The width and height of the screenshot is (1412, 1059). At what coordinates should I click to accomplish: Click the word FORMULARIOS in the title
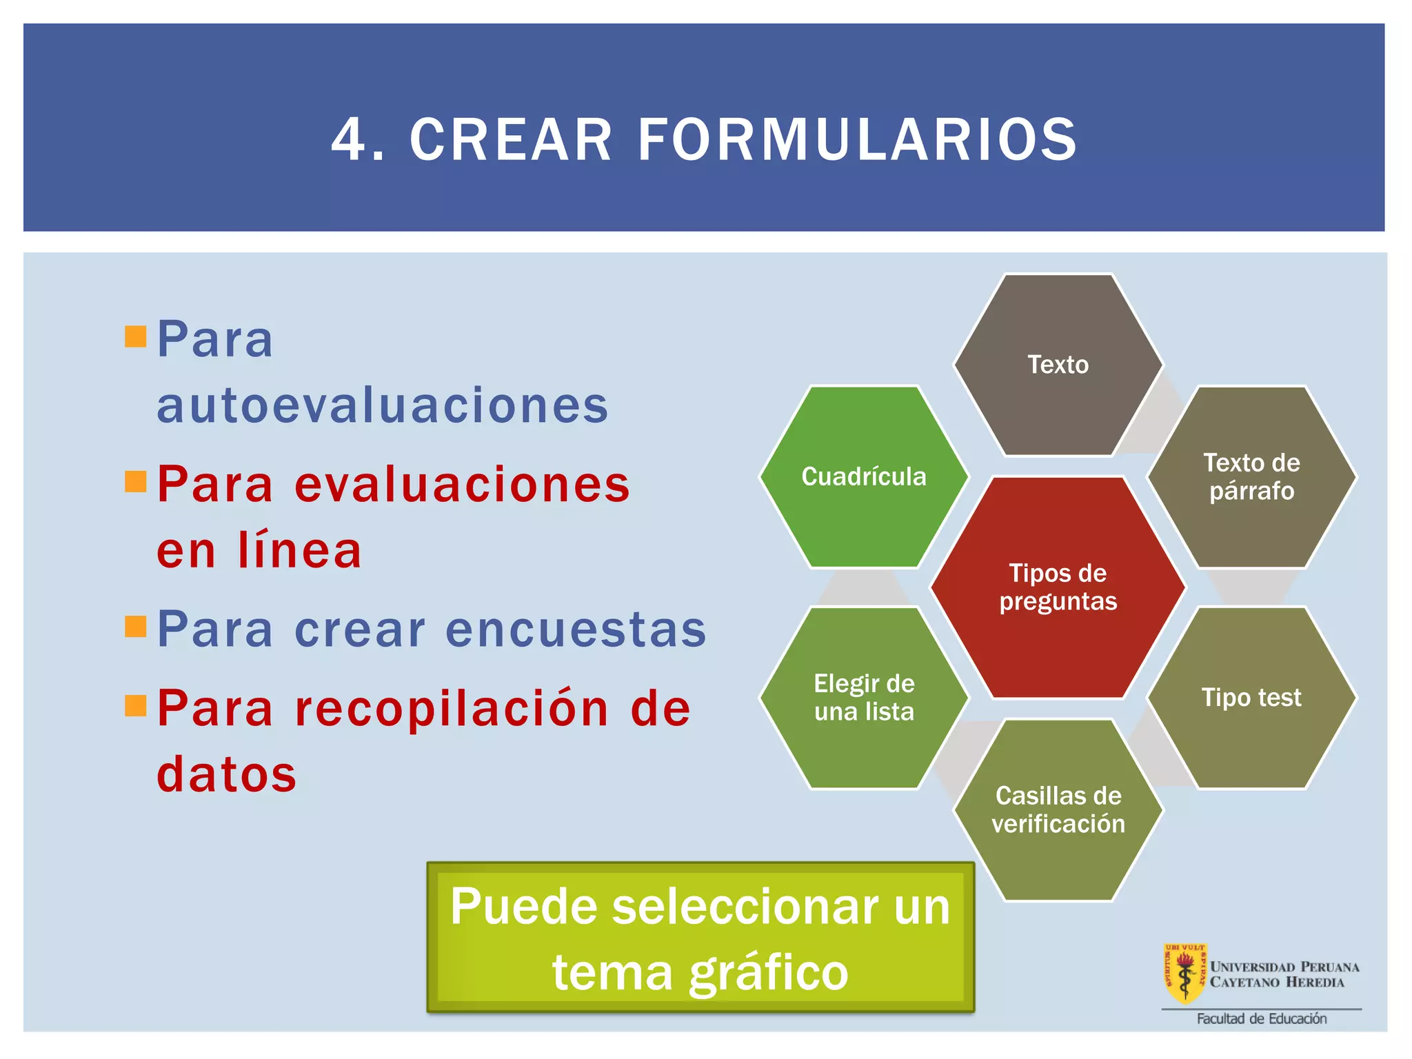(857, 140)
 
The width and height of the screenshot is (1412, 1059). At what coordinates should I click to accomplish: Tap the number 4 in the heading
(349, 140)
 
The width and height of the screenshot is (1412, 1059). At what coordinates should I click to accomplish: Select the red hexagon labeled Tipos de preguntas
(1058, 587)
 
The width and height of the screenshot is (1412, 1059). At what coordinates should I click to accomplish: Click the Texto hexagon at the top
(1058, 365)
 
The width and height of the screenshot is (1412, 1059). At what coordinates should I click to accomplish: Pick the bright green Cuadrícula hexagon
(864, 476)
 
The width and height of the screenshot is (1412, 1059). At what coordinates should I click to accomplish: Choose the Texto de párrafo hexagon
(1251, 476)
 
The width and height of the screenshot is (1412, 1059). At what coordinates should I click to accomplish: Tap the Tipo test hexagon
(1251, 698)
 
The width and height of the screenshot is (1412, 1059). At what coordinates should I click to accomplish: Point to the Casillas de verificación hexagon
(1058, 809)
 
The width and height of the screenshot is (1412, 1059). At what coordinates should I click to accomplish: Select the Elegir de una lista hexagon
(864, 698)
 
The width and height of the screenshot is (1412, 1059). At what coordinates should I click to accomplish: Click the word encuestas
(576, 629)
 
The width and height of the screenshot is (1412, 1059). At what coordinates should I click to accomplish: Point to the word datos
(227, 774)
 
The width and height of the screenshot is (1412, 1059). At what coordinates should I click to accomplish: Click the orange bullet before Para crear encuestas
(136, 627)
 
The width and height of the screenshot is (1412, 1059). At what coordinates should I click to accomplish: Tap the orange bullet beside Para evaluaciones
(136, 481)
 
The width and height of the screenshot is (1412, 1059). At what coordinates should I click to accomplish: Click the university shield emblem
(1184, 973)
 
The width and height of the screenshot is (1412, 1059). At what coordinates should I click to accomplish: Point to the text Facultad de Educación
(1261, 1019)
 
